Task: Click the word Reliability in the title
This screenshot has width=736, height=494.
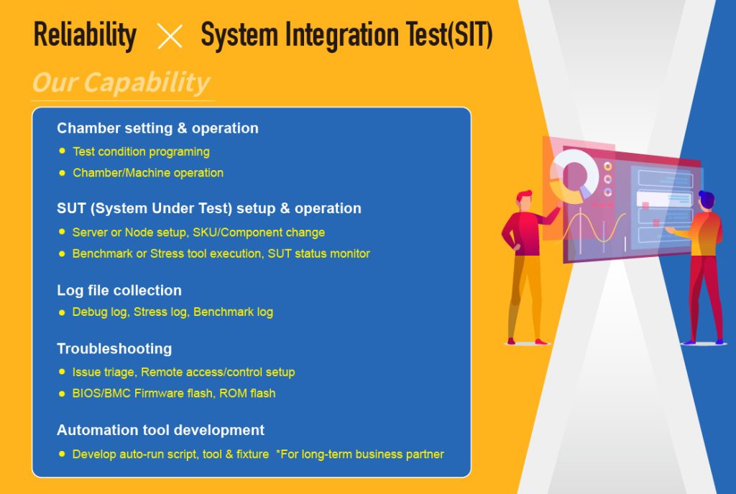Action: click(85, 35)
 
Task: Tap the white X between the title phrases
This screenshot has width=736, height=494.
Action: click(170, 36)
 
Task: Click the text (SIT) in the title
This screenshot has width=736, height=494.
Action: click(470, 36)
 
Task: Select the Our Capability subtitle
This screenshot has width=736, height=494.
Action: click(121, 83)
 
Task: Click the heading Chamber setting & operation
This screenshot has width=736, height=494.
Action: click(157, 129)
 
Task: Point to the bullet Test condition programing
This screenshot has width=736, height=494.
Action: click(141, 152)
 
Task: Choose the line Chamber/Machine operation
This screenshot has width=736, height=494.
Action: click(148, 173)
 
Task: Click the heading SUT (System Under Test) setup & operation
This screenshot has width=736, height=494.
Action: click(209, 209)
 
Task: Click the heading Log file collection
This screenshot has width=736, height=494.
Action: click(119, 291)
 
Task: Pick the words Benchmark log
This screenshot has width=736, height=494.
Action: click(233, 312)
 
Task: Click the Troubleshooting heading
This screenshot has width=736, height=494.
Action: click(114, 349)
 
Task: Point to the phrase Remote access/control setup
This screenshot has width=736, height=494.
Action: click(218, 373)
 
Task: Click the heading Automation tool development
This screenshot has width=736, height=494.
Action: click(160, 430)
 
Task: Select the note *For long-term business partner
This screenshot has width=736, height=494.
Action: click(360, 455)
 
